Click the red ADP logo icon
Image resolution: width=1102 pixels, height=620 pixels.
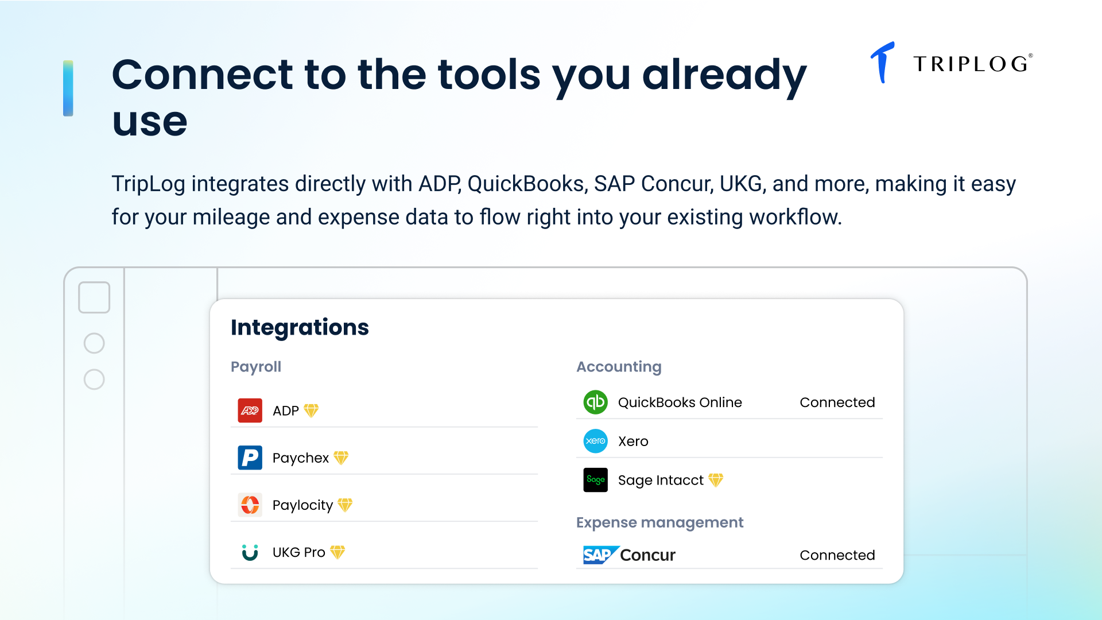coord(250,410)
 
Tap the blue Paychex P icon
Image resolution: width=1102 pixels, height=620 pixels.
coord(250,458)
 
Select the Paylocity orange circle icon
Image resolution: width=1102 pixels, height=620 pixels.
coord(250,505)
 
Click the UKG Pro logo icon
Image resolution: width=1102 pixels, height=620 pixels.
coord(250,552)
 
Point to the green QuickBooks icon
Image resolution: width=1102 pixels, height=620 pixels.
coord(596,402)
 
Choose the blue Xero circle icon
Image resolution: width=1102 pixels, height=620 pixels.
coord(596,441)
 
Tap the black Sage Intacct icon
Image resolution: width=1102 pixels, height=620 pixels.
coord(596,480)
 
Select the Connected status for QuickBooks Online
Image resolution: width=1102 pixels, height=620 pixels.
coord(837,402)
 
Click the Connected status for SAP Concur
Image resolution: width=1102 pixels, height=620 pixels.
coord(837,555)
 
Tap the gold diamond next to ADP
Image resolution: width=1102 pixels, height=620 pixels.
coord(311,410)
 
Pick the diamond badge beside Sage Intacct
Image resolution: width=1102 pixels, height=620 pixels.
coord(716,480)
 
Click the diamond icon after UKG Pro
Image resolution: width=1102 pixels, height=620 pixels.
coord(337,552)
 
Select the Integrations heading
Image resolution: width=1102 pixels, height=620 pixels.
coord(300,327)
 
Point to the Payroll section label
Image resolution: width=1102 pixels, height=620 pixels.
coord(256,367)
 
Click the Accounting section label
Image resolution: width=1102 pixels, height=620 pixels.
coord(619,367)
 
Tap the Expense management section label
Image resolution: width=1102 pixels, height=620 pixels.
coord(659,522)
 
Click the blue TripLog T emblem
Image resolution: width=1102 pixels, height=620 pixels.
coord(883,62)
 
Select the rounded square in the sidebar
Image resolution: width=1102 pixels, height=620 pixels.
coord(94,297)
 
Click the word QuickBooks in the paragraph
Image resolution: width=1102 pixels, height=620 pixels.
coord(526,184)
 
